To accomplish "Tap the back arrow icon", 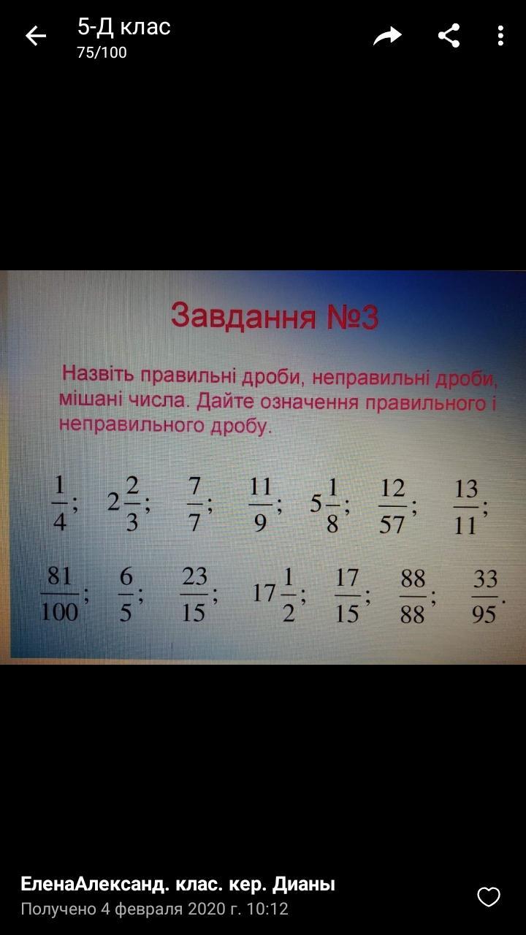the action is (x=36, y=36).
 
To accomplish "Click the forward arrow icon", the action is (x=387, y=36).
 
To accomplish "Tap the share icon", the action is (x=449, y=36).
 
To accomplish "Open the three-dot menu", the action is (x=500, y=36).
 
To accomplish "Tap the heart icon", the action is (x=489, y=897).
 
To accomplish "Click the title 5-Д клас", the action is (x=124, y=27).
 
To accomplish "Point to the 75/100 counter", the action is (x=102, y=53).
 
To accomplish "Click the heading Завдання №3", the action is (x=275, y=316).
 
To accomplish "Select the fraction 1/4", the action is (x=60, y=504).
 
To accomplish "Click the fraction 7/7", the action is (x=194, y=504).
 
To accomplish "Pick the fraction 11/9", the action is (x=260, y=505).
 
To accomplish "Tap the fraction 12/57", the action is (x=392, y=506).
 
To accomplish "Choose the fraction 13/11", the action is (x=466, y=507).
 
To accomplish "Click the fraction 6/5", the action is (x=126, y=594).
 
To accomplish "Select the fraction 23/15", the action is (x=194, y=594).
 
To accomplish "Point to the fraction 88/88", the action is (x=413, y=596).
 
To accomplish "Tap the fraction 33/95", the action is (x=484, y=597).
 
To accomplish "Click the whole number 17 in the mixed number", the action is (x=264, y=593).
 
